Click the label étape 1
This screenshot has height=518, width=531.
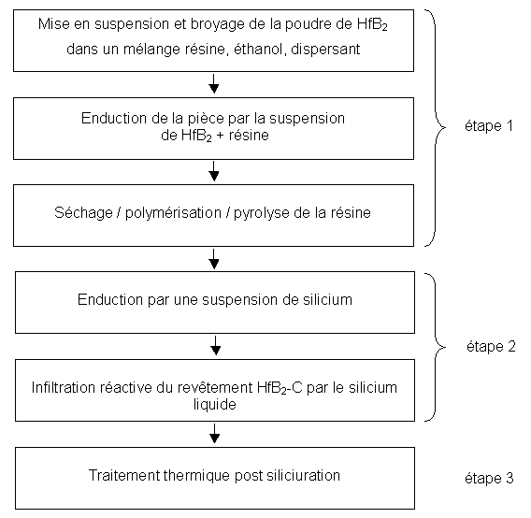coord(489,126)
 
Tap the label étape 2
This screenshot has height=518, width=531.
coord(491,347)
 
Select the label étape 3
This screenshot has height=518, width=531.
coord(489,478)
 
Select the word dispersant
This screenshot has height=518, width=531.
coord(325,50)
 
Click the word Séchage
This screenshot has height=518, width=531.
coord(83,213)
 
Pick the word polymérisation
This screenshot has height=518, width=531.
coord(173,213)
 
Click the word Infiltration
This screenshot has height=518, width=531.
coord(64,388)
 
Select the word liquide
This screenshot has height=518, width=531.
coord(215,405)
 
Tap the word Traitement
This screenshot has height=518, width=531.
coord(124,475)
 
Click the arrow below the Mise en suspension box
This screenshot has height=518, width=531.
coord(214,83)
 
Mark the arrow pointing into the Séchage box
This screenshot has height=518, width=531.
coord(214,171)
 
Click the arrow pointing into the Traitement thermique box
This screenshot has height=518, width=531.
coord(214,433)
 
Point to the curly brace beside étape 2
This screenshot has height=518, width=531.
coord(435,347)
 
